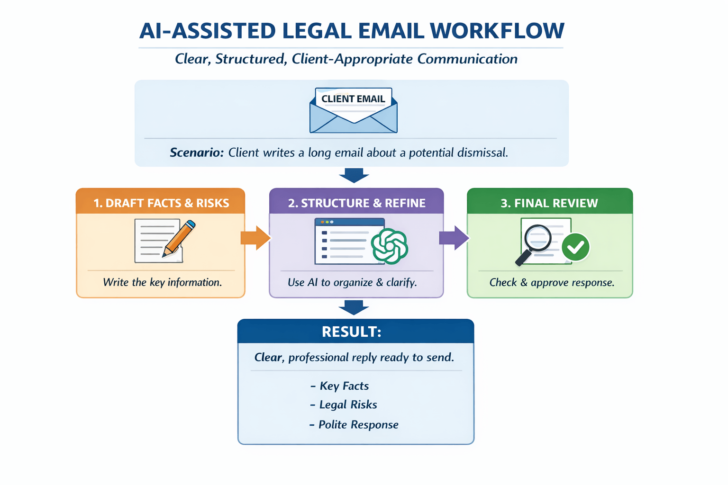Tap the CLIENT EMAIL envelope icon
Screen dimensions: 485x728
(x=353, y=111)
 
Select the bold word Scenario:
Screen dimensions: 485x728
(x=196, y=153)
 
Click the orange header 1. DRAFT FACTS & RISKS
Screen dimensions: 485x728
(x=161, y=203)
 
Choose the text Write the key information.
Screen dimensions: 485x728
(x=162, y=282)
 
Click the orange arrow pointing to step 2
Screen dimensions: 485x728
(x=255, y=238)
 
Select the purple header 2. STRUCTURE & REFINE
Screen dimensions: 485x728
(x=356, y=203)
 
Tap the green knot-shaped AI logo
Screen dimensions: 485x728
(x=389, y=246)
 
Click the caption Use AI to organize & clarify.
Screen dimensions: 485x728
(x=352, y=282)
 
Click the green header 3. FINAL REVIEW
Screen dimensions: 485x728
(x=549, y=203)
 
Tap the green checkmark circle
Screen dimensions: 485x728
(x=575, y=247)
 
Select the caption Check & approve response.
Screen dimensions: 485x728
(x=552, y=282)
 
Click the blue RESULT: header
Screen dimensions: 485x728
(x=351, y=332)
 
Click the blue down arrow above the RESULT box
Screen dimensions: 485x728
(x=354, y=307)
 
